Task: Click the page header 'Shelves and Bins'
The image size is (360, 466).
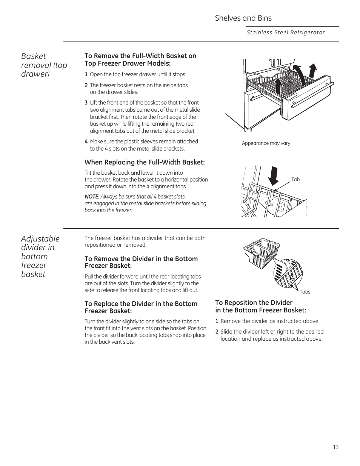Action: click(243, 18)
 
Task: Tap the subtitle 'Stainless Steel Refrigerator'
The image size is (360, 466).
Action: click(286, 32)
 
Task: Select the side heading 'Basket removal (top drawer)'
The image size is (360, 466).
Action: click(44, 65)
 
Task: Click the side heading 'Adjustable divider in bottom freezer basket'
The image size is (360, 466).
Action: click(40, 256)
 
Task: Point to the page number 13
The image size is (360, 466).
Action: click(335, 447)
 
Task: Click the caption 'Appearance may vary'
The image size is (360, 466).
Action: click(266, 143)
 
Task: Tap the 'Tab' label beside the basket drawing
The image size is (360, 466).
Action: click(295, 180)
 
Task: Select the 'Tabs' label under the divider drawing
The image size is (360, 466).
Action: click(305, 292)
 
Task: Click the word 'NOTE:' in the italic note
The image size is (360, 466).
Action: click(92, 197)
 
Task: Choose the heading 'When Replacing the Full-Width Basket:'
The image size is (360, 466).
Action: click(145, 162)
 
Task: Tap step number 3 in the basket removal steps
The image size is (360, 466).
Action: click(86, 103)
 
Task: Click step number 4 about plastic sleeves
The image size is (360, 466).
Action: click(86, 141)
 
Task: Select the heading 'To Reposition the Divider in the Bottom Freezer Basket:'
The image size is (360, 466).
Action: click(260, 306)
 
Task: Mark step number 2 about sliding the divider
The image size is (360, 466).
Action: click(217, 332)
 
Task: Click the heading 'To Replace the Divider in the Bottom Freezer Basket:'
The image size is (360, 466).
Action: click(141, 307)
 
